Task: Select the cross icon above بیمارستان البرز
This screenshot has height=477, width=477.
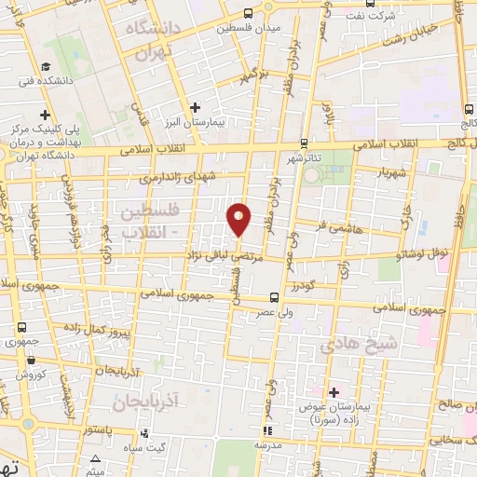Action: click(x=195, y=107)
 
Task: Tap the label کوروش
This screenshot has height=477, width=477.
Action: click(x=31, y=374)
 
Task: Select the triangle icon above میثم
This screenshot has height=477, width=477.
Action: click(x=97, y=457)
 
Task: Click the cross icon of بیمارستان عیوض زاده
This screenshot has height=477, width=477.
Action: click(x=334, y=392)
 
